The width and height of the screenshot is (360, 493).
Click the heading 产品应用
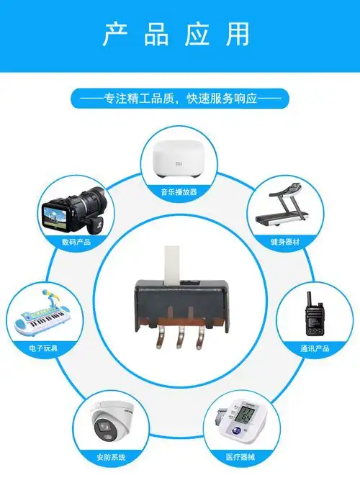tap(180, 34)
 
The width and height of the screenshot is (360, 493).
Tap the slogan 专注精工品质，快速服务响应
tap(180, 98)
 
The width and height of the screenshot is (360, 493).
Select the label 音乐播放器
tap(179, 192)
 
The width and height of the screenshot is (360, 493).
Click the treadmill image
tap(283, 206)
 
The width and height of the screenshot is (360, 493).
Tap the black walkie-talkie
tap(314, 315)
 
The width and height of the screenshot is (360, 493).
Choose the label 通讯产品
tap(314, 348)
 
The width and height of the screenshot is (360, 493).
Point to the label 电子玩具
tap(42, 348)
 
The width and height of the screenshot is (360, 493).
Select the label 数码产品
tap(76, 242)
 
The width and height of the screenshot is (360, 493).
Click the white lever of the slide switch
tap(172, 263)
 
